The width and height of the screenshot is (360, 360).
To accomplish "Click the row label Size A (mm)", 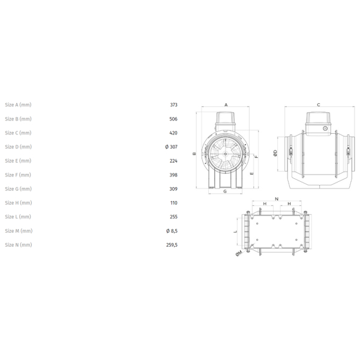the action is (x=18, y=105).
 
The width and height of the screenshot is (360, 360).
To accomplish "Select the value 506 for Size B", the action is (x=173, y=119).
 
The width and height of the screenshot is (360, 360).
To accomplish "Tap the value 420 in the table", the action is (x=173, y=133).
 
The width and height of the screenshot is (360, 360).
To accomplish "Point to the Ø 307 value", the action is (x=171, y=147).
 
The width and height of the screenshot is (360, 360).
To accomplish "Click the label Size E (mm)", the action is (x=18, y=161).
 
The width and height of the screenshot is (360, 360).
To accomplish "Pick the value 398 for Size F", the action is (x=173, y=175).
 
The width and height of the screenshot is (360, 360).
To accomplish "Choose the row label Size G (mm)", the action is (x=19, y=189).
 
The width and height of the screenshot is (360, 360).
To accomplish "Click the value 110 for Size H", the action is (x=174, y=203).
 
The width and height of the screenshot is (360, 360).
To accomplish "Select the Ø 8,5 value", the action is (x=172, y=231).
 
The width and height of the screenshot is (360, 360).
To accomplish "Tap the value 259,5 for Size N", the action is (x=172, y=245).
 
